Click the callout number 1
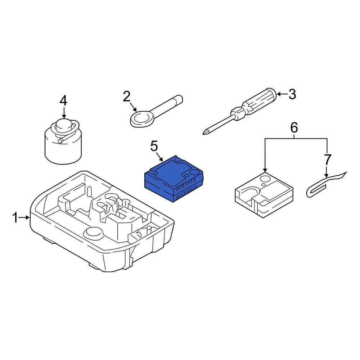tap(15, 217)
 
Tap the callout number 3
tap(292, 94)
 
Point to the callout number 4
tap(63, 100)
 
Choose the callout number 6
tap(294, 127)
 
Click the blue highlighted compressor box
tap(173, 176)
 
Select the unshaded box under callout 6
tap(263, 193)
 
